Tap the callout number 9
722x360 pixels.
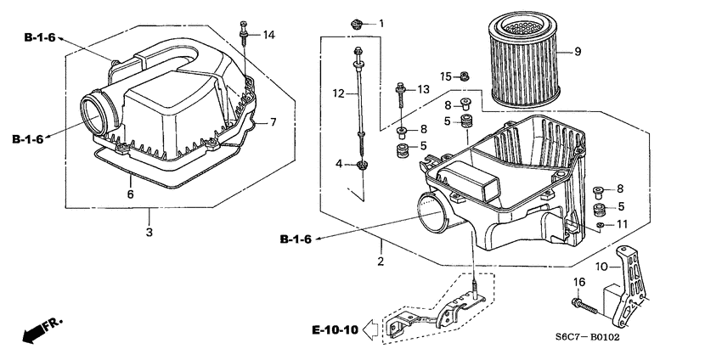578,53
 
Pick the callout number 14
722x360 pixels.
269,35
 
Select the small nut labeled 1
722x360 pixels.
358,24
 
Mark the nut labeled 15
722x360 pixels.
465,77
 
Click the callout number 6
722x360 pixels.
130,194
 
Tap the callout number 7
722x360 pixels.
274,122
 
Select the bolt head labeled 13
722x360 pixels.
399,87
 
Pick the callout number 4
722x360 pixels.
338,163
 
